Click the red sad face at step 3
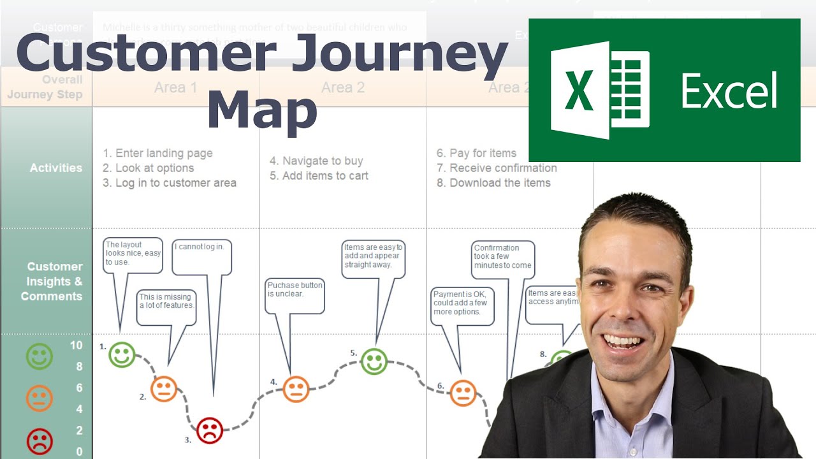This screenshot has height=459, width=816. [x=209, y=430]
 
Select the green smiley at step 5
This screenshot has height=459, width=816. [x=374, y=361]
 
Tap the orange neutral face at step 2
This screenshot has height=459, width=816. [x=164, y=388]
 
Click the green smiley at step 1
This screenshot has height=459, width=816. [x=122, y=354]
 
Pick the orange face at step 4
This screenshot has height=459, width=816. [x=296, y=389]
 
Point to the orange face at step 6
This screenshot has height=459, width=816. [x=463, y=393]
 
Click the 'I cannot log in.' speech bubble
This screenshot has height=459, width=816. [x=203, y=255]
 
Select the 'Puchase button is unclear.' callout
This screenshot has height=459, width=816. [x=295, y=296]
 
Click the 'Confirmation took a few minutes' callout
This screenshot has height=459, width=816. [x=503, y=259]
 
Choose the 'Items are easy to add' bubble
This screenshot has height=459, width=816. [x=373, y=258]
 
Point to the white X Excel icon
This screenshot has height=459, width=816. [x=600, y=91]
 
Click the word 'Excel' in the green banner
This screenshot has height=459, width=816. [x=729, y=91]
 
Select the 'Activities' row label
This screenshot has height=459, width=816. [x=56, y=168]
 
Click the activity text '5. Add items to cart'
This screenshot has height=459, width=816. [x=319, y=176]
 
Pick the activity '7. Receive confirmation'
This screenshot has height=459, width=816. [x=497, y=168]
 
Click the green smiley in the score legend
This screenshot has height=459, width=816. [x=40, y=356]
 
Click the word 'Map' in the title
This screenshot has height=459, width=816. [x=262, y=113]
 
